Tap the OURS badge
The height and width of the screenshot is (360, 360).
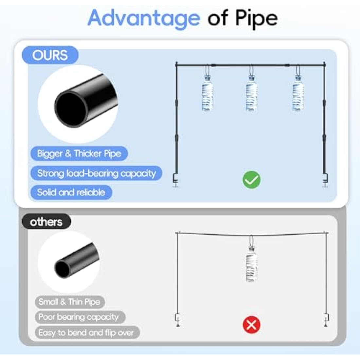[x=50, y=55]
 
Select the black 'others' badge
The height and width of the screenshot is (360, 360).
[x=46, y=222]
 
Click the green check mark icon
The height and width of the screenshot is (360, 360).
[x=252, y=180]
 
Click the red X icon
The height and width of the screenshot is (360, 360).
[x=252, y=325]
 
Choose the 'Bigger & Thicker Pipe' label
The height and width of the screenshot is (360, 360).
[x=79, y=153]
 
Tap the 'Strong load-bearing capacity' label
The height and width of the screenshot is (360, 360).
[x=97, y=173]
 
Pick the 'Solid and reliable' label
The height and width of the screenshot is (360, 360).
[x=71, y=192]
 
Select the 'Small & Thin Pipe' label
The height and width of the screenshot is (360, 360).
[x=70, y=302]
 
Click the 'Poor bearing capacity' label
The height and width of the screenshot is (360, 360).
[x=80, y=317]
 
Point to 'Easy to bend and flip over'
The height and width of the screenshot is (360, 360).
[x=87, y=333]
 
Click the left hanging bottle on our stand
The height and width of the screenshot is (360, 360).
[x=207, y=93]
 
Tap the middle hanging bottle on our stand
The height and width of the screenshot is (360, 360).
[x=251, y=93]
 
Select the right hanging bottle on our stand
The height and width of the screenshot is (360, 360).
[x=298, y=93]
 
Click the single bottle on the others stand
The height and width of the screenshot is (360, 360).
[x=252, y=263]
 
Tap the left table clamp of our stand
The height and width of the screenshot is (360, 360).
[x=176, y=180]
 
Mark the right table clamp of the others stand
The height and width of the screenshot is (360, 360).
[x=326, y=320]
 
